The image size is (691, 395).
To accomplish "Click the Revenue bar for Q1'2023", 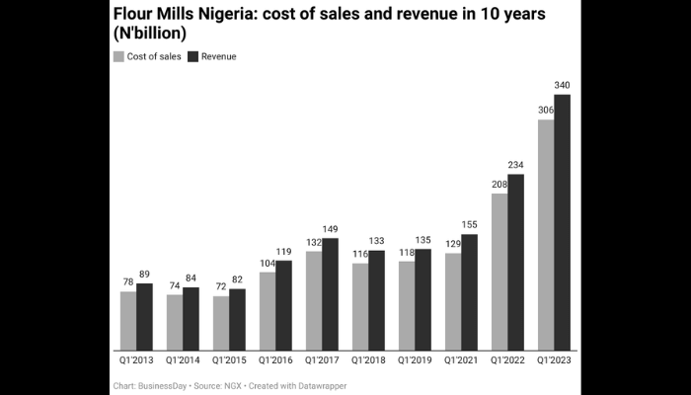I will pyautogui.click(x=563, y=222).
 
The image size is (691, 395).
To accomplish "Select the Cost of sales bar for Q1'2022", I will pyautogui.click(x=499, y=272).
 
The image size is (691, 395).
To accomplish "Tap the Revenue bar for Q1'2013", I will pyautogui.click(x=144, y=316).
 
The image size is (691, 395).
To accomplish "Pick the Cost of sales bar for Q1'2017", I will pyautogui.click(x=314, y=300).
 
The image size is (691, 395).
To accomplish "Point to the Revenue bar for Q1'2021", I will pyautogui.click(x=470, y=291).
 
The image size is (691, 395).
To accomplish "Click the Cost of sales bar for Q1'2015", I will pyautogui.click(x=221, y=323).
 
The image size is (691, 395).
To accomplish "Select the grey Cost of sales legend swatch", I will pyautogui.click(x=118, y=56).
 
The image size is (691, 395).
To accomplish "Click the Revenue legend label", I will pyautogui.click(x=218, y=56).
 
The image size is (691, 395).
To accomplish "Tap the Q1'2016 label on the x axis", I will pyautogui.click(x=276, y=360).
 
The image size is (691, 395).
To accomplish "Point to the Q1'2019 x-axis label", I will pyautogui.click(x=416, y=360).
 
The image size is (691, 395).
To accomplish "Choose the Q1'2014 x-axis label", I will pyautogui.click(x=184, y=360).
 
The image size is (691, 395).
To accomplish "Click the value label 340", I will pyautogui.click(x=563, y=86).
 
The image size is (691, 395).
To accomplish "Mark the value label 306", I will pyautogui.click(x=545, y=122).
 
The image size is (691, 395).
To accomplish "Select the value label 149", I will pyautogui.click(x=331, y=228).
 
